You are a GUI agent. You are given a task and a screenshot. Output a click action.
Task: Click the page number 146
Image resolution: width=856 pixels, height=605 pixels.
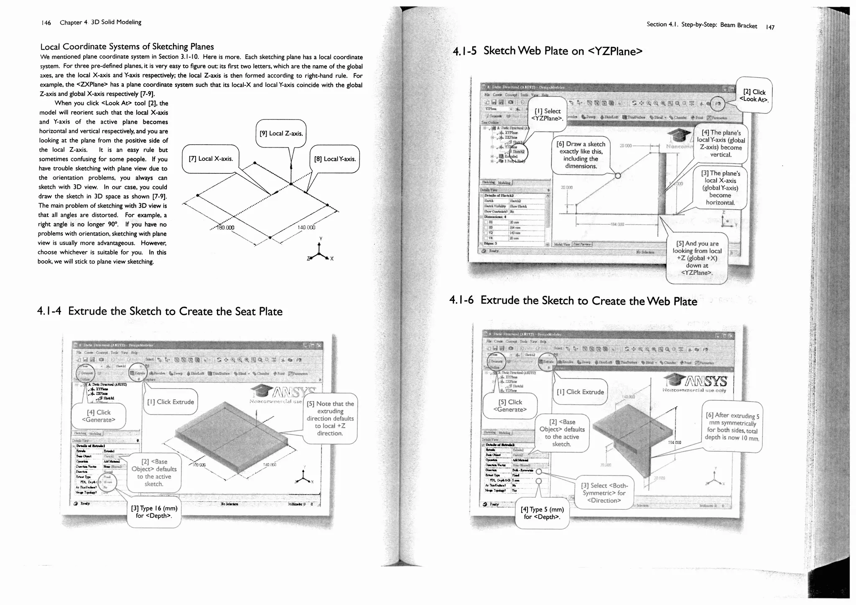pos(46,23)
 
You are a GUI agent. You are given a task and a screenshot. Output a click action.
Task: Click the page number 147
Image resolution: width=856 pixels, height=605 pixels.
pos(770,28)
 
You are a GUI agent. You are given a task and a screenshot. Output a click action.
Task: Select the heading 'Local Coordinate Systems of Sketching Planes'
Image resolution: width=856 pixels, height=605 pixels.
pos(127,46)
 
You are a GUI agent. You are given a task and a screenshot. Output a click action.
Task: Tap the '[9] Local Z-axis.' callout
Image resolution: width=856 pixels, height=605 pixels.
pos(281,133)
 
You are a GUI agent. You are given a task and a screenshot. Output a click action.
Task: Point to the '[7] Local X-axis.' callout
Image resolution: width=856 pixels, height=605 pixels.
pos(211,159)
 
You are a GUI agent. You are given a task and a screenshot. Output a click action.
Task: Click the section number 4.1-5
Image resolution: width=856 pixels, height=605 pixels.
pos(464,51)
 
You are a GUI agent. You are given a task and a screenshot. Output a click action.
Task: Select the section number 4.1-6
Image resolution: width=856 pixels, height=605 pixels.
pos(461,300)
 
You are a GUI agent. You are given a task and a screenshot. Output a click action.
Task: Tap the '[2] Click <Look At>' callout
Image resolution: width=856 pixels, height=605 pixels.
pos(754,95)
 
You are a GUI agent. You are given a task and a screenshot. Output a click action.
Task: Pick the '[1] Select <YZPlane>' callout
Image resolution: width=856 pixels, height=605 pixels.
pos(548,114)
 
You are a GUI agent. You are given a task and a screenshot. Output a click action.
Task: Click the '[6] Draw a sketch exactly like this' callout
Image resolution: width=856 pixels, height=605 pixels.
pos(581,155)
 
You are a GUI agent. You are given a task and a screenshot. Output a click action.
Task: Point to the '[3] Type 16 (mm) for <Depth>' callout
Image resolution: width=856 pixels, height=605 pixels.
pos(154,512)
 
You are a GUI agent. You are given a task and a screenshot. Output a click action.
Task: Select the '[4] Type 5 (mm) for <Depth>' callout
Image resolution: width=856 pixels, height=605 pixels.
pos(542,513)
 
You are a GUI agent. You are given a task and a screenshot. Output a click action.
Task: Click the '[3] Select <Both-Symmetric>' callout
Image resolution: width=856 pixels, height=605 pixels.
pos(604,493)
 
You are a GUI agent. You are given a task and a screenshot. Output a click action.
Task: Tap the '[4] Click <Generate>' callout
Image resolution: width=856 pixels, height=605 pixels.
pos(99,416)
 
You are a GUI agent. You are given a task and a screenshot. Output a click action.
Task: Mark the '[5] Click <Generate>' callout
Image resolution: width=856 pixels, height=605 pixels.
pos(510,405)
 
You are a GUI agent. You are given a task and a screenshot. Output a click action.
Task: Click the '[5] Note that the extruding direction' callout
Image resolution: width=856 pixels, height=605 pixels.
pos(330,418)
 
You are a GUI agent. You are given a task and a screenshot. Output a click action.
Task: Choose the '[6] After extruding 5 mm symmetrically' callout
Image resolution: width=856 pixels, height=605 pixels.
pos(732,426)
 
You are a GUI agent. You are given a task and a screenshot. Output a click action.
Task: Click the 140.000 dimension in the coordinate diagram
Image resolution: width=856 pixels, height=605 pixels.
pos(306,228)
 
